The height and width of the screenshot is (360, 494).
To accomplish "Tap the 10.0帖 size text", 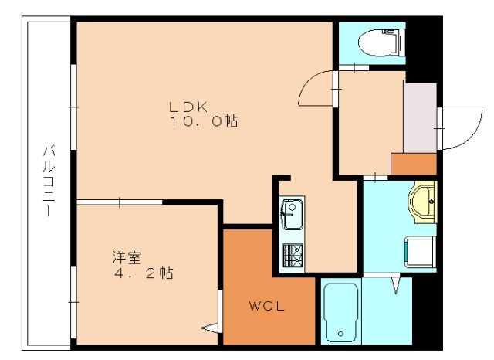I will [203, 121].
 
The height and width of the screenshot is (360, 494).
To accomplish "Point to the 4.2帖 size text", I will [144, 273].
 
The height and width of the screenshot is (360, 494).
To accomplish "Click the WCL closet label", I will [267, 306].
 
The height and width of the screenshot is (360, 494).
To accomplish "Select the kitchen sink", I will [292, 213].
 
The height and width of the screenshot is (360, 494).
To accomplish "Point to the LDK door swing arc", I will [316, 91].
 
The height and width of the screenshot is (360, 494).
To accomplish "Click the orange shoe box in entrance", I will [414, 164].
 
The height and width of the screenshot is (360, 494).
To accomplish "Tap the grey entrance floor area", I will [419, 116].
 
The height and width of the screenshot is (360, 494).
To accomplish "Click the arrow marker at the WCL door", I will [209, 327].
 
